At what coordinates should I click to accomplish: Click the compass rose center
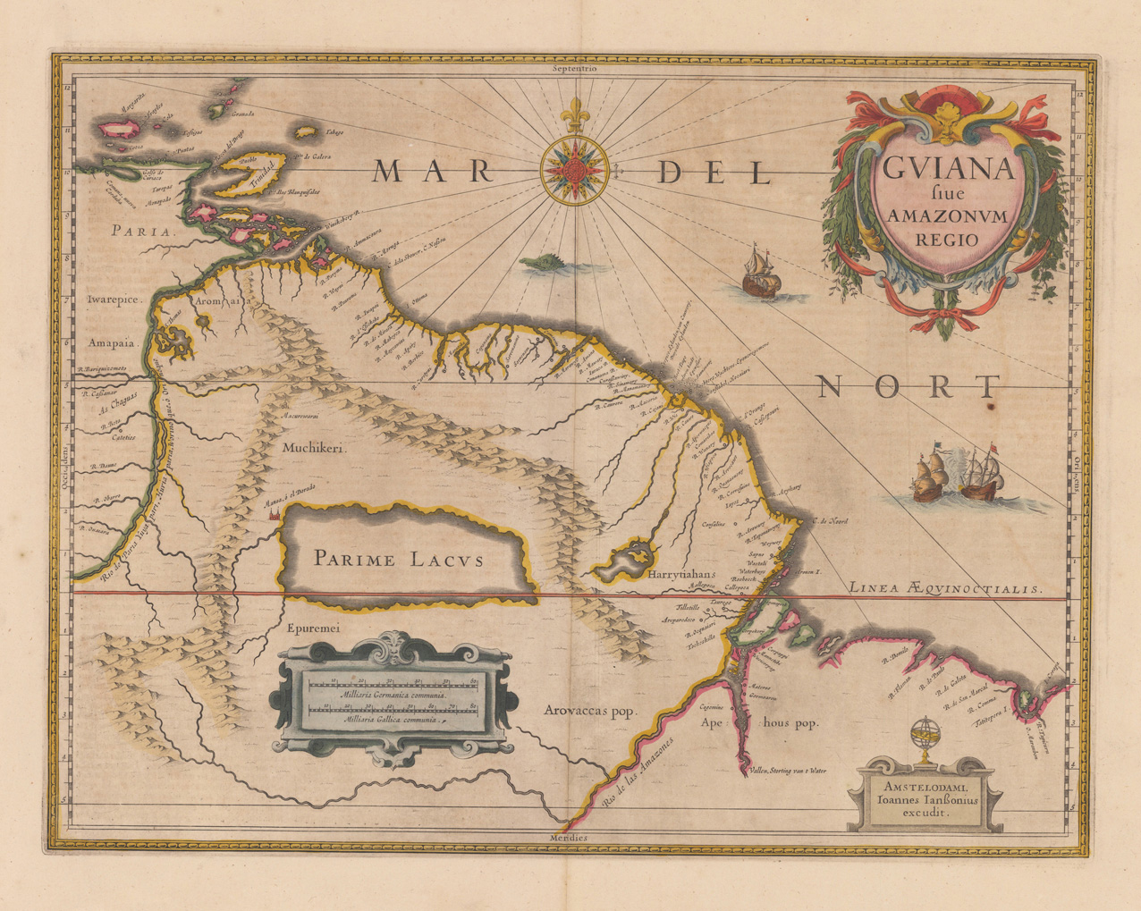click(575, 167)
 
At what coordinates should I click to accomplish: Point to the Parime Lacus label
click(398, 561)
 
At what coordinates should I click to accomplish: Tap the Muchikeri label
click(312, 451)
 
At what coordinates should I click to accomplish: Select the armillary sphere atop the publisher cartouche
click(921, 738)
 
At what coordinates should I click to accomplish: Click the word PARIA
click(140, 231)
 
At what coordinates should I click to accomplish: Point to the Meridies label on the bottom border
click(570, 838)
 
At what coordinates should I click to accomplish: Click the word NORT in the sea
click(907, 386)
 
